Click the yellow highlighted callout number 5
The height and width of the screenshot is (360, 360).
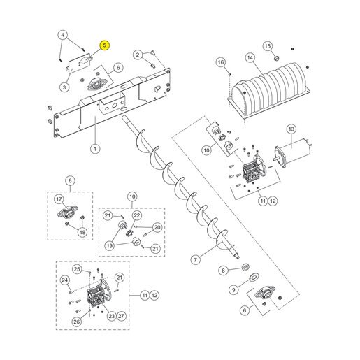(x=105, y=45)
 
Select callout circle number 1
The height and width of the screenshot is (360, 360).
(x=95, y=149)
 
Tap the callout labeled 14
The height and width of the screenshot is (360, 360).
(x=250, y=57)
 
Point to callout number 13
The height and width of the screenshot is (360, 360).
(x=291, y=129)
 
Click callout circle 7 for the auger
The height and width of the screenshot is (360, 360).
(x=195, y=259)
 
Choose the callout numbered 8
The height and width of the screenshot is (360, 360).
(x=223, y=271)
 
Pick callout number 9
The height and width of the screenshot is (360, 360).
(x=233, y=289)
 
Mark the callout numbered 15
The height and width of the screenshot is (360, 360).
(x=268, y=46)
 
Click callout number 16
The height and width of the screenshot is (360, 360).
(x=221, y=62)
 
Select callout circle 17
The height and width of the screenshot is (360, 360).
(x=59, y=199)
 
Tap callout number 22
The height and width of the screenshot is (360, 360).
(x=137, y=215)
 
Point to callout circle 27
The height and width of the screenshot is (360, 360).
(x=121, y=316)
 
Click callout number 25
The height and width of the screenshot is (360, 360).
(x=77, y=269)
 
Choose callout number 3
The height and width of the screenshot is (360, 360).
(x=64, y=87)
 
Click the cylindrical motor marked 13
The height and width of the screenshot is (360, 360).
(x=292, y=153)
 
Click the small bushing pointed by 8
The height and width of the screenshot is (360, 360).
(x=245, y=267)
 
